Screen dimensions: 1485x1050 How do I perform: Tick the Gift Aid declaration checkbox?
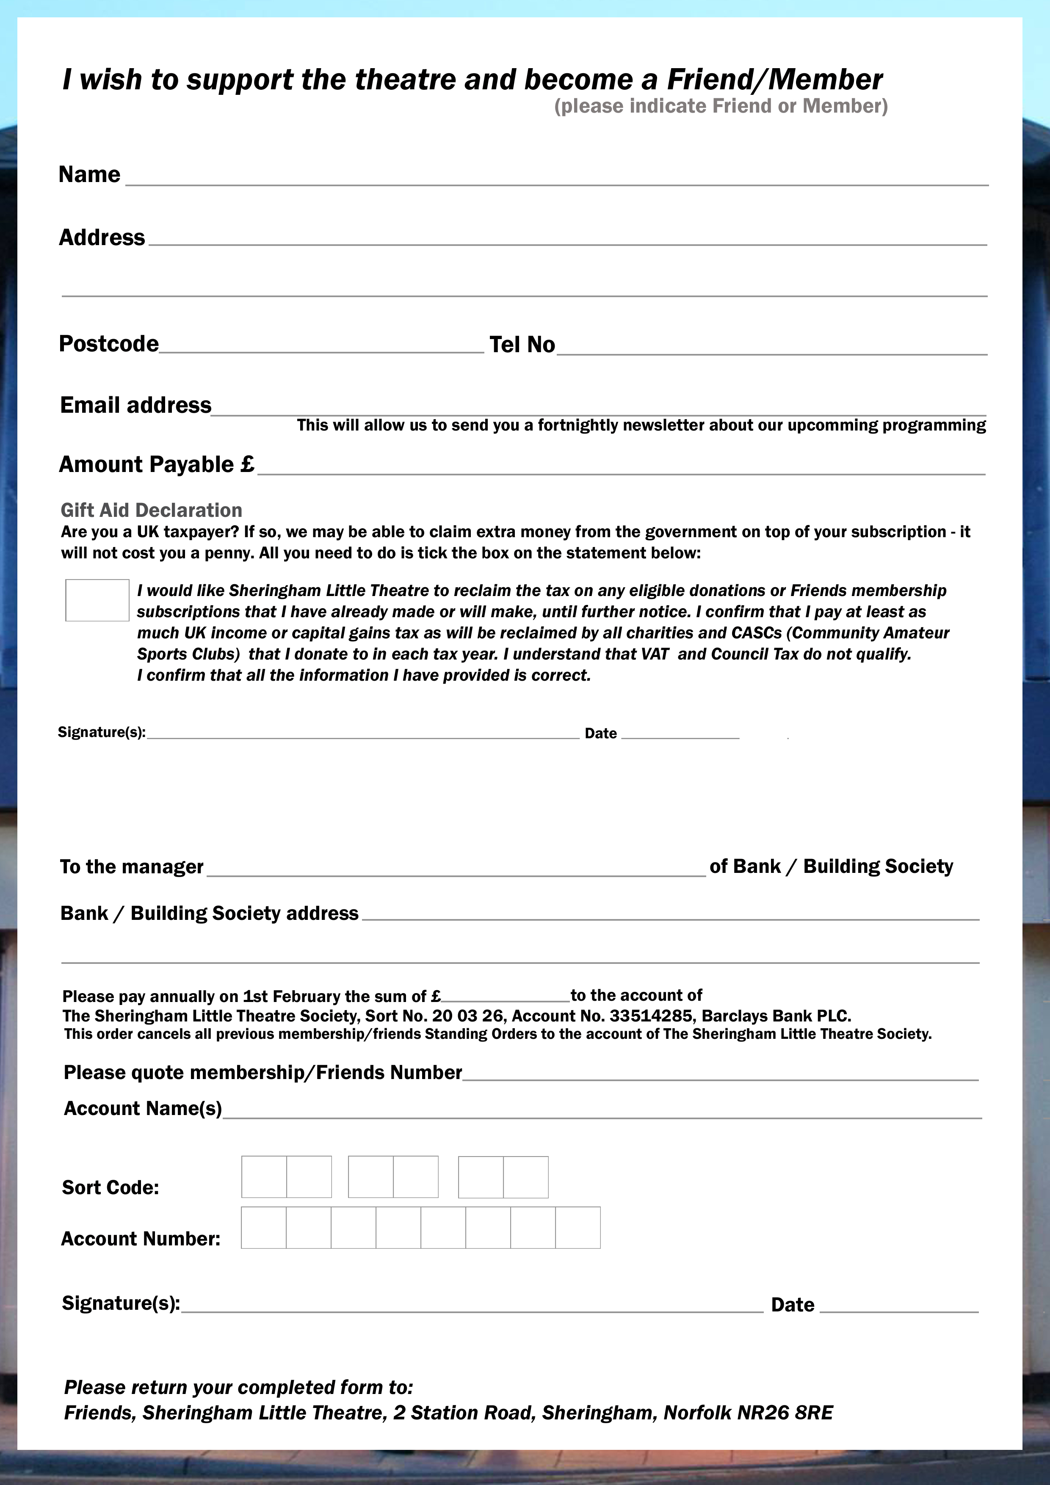(97, 600)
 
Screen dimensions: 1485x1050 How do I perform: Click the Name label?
(89, 175)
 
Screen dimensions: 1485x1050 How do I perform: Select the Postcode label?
(109, 343)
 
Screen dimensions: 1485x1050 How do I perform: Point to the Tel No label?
(522, 345)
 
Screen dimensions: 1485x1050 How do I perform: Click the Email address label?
(136, 405)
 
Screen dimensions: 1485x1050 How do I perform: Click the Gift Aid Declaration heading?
(152, 510)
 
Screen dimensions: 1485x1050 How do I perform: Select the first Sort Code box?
(264, 1176)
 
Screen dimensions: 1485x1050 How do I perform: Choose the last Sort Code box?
(526, 1176)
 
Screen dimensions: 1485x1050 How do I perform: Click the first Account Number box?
(264, 1228)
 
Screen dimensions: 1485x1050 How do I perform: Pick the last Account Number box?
(578, 1228)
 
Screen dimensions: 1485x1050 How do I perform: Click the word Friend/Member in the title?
(774, 80)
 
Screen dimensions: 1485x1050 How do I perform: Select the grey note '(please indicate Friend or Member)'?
(721, 106)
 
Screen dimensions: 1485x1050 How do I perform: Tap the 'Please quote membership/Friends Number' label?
(262, 1072)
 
